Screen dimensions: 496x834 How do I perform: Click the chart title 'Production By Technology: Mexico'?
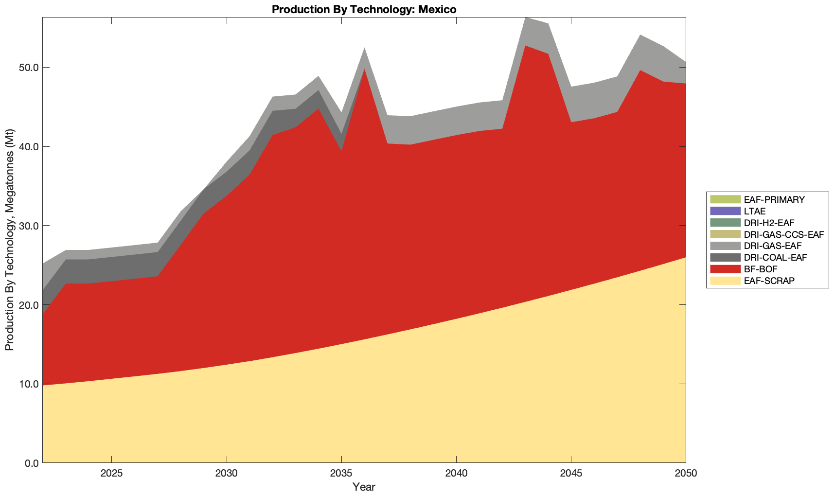tap(364, 9)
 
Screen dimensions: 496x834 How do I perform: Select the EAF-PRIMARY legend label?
tap(774, 199)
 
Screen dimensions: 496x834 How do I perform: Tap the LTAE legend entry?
tap(755, 212)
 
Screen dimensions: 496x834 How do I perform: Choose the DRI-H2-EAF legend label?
tap(769, 223)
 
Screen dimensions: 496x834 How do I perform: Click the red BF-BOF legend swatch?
tap(725, 269)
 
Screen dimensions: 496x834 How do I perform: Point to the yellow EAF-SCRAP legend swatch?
tap(725, 281)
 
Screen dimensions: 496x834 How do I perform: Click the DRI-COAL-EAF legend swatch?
tap(725, 257)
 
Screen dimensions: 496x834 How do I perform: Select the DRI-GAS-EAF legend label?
tap(773, 246)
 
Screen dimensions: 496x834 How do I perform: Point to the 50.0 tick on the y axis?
tap(30, 67)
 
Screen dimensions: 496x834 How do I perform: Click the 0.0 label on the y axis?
tap(32, 463)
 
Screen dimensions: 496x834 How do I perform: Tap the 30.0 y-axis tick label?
tap(30, 226)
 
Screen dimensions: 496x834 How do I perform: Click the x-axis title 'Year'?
tap(364, 487)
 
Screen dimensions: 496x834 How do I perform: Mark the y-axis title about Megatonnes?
tap(9, 240)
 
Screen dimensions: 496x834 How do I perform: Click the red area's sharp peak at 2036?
tap(364, 70)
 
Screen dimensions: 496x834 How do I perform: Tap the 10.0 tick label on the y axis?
tap(30, 384)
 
